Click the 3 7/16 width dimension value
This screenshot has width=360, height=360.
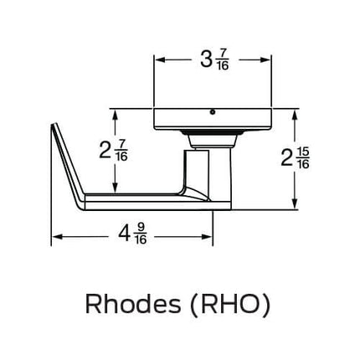coord(213,60)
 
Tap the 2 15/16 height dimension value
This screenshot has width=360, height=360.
coord(296,157)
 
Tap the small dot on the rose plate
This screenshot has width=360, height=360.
coord(213,111)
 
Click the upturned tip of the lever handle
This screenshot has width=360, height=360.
coord(55,127)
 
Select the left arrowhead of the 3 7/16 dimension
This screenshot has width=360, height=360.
coord(158,60)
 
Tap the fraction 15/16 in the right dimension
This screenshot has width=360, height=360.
coord(303,157)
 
